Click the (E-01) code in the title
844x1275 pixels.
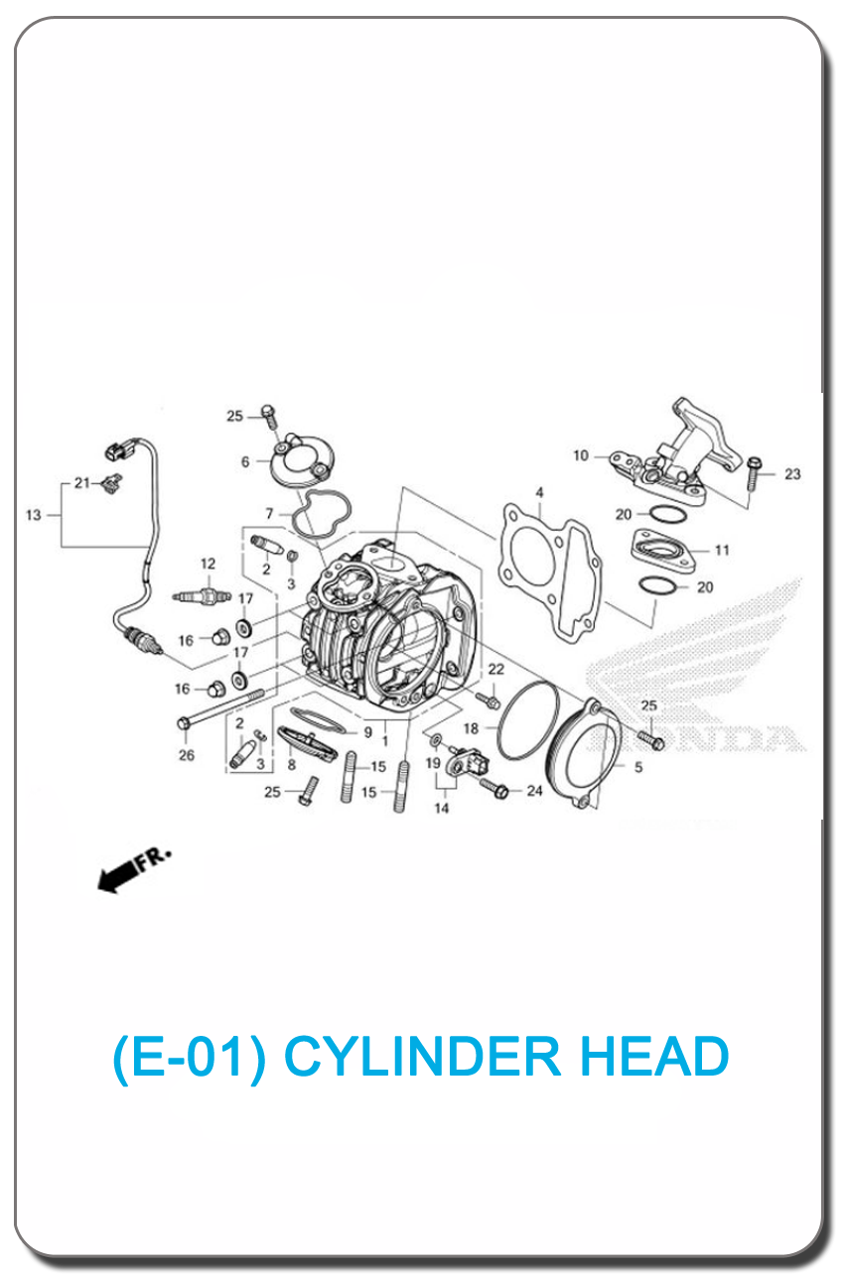tap(189, 1058)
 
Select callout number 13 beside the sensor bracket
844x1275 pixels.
tap(34, 515)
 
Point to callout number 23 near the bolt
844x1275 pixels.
tap(792, 474)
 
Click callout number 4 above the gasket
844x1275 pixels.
tap(539, 492)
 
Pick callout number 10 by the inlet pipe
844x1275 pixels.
tap(580, 456)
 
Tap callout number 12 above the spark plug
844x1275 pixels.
tap(208, 564)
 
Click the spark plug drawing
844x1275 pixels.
tap(202, 596)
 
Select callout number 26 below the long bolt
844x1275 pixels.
tap(187, 755)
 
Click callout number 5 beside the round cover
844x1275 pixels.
tap(638, 767)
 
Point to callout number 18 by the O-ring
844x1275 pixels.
tap(471, 728)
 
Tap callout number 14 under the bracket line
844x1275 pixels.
tap(442, 808)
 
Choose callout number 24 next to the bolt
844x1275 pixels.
tap(534, 791)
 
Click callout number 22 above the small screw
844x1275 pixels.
tap(496, 669)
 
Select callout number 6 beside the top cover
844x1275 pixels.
tap(245, 462)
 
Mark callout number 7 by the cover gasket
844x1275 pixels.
tap(269, 514)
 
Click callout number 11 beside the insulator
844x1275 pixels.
tap(722, 551)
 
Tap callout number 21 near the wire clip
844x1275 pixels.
tap(82, 483)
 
